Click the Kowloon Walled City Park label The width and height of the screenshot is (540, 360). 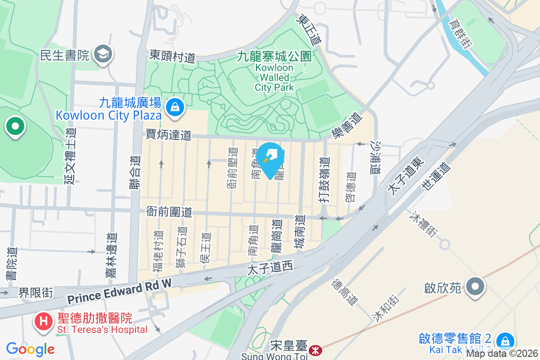[x=274, y=72]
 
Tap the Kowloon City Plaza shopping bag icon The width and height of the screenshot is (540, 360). [x=173, y=107]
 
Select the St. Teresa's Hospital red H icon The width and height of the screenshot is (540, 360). [x=44, y=321]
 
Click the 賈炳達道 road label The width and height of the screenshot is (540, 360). [x=168, y=135]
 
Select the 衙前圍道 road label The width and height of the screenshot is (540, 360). [x=169, y=211]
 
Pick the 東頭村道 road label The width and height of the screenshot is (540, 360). [x=172, y=57]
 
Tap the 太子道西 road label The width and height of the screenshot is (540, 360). [x=270, y=268]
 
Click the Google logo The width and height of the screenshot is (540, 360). [x=30, y=349]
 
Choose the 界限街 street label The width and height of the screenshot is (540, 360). [x=36, y=293]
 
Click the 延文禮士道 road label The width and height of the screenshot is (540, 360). [x=71, y=155]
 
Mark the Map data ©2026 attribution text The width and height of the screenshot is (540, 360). [x=502, y=354]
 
